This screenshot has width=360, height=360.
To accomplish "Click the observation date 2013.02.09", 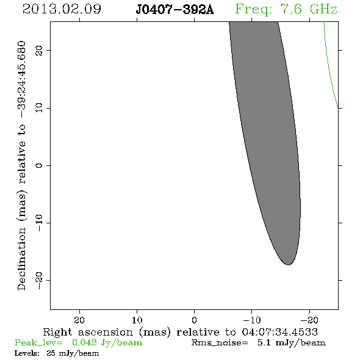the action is [x=62, y=9].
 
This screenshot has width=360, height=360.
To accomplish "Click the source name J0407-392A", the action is [x=175, y=10].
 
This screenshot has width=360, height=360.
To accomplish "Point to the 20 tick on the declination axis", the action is [x=39, y=50].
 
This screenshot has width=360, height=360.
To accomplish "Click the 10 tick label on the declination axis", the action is [x=39, y=108].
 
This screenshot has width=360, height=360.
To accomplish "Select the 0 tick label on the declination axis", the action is [x=39, y=165].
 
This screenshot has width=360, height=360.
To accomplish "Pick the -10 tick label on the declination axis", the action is [x=39, y=223].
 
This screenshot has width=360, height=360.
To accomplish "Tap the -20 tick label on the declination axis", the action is [x=39, y=280].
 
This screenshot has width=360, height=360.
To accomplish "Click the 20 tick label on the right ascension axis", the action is [x=79, y=320].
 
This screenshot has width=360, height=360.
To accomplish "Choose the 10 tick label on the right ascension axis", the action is [x=137, y=320].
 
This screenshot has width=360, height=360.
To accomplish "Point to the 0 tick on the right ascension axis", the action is [x=195, y=320].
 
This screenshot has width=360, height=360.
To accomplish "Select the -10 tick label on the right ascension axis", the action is [x=252, y=320].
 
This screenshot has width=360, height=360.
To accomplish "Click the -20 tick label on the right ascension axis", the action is [x=309, y=320].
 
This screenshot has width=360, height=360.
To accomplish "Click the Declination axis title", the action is [x=21, y=165].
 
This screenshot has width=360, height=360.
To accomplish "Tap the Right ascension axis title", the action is [x=181, y=332].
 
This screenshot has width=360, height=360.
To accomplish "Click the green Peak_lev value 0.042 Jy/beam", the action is [x=107, y=343].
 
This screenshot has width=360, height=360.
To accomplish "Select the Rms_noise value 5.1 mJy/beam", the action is [x=292, y=343].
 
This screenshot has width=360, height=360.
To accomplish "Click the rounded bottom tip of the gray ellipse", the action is [x=289, y=265].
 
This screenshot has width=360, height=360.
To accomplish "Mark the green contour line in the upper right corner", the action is [x=328, y=67].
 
